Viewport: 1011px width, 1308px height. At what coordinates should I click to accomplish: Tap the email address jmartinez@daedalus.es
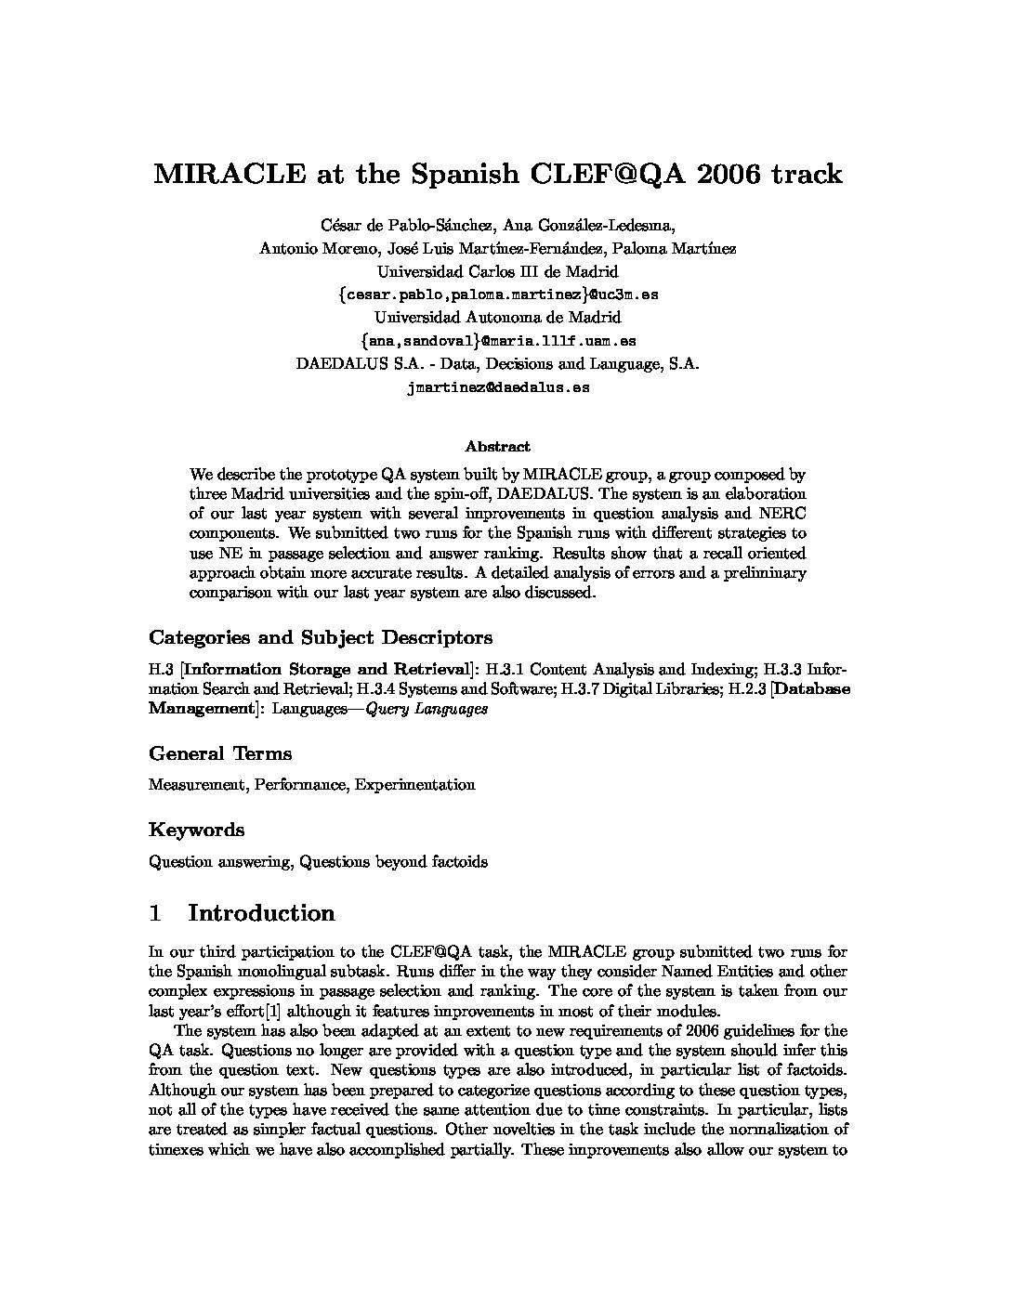(x=498, y=387)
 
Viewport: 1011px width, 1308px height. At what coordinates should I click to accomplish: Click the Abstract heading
(x=498, y=446)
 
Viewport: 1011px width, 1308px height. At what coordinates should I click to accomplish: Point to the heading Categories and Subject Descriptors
(x=321, y=637)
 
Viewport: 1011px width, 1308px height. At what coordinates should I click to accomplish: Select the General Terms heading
(x=220, y=753)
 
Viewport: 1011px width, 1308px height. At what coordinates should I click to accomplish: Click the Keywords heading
(x=197, y=830)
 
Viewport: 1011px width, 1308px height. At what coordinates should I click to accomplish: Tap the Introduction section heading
(x=261, y=913)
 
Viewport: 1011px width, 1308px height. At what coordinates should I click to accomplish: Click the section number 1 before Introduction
(x=155, y=913)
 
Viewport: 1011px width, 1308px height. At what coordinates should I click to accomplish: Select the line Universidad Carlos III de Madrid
(x=497, y=271)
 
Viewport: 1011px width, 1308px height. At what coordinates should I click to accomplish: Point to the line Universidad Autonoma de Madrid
(x=497, y=317)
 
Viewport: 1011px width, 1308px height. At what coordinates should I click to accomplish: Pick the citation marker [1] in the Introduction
(x=273, y=1012)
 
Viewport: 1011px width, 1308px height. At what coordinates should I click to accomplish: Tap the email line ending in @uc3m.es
(x=498, y=294)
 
